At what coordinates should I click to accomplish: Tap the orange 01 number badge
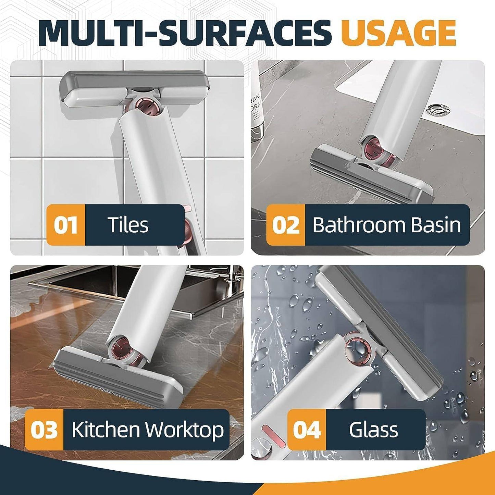coord(66,225)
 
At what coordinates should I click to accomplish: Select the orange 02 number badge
coord(285,225)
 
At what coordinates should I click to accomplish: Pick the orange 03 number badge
coord(44,430)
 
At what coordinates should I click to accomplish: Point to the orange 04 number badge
coord(307,430)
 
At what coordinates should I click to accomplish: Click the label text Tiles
coord(128,225)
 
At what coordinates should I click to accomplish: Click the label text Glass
coord(373,430)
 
